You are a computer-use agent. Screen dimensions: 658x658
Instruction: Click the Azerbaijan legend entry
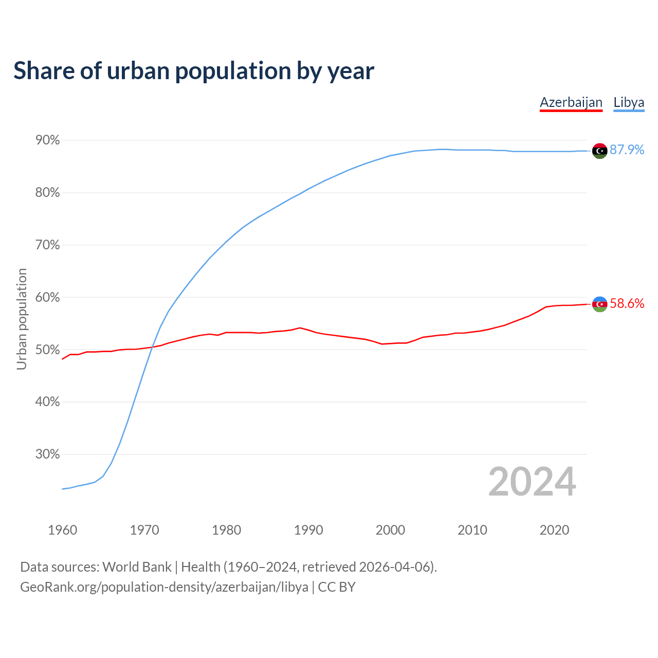571,102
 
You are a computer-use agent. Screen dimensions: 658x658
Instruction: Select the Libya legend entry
629,102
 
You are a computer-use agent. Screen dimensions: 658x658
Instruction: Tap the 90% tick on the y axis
47,140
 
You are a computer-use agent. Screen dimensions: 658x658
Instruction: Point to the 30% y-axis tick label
47,454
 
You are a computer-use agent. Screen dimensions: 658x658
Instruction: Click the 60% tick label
47,298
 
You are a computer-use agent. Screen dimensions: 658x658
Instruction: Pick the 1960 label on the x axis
62,530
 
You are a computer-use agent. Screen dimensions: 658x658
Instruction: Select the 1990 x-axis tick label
308,530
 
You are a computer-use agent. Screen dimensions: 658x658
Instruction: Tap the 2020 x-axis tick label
554,530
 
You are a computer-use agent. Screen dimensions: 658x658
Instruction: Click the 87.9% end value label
627,150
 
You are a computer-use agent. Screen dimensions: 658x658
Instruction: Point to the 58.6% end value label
627,304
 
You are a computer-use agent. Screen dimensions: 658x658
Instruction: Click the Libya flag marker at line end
600,151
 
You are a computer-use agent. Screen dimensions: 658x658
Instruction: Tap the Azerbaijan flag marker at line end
600,304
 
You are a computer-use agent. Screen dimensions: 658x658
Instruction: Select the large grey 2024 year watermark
532,482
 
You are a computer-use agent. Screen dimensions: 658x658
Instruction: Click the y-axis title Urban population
22,319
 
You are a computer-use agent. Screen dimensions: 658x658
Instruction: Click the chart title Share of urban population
194,70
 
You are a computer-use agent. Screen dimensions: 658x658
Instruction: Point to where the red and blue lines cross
152,348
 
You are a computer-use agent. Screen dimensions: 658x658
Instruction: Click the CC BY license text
337,587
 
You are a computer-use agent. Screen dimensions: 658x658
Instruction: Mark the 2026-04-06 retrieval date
396,567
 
